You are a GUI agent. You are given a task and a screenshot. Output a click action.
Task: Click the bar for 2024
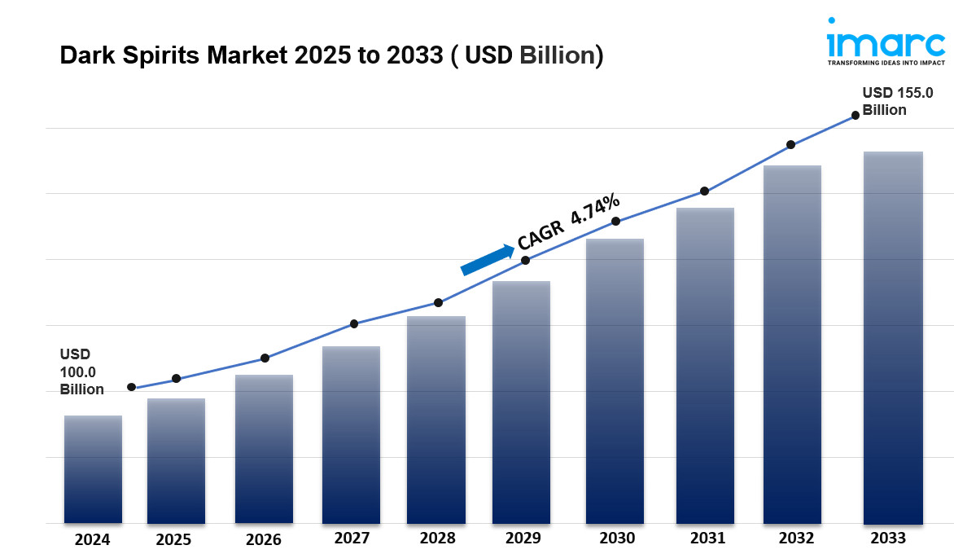coord(93,469)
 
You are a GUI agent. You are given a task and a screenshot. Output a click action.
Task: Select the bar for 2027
coord(351,435)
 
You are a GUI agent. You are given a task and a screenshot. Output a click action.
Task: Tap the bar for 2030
coord(615,381)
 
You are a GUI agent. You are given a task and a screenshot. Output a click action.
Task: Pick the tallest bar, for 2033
coord(893,337)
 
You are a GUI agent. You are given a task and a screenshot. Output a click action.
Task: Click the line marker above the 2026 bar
coord(265,358)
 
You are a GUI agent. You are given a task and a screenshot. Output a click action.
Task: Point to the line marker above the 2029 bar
coord(526,260)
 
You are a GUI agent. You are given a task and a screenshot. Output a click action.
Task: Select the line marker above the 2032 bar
coord(790,145)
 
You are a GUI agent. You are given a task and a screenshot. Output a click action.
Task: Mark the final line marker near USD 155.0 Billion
coord(856,116)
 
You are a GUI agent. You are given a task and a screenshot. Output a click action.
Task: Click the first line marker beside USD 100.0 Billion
coord(131,387)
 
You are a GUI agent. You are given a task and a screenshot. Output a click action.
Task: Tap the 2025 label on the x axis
coord(173,539)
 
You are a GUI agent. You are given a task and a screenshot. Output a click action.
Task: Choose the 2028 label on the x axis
coord(438,539)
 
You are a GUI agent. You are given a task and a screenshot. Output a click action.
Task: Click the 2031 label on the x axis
coord(707,539)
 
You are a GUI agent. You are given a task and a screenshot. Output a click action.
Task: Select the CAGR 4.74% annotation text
coord(569,222)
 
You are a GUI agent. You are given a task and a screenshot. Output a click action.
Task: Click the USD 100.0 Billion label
coord(81,372)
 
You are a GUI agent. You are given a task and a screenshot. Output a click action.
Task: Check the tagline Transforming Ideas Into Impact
coord(886,62)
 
